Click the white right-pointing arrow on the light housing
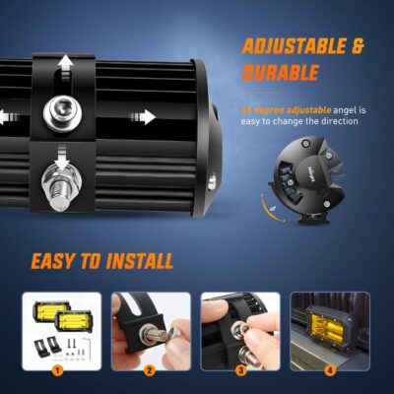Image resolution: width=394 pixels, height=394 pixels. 146,117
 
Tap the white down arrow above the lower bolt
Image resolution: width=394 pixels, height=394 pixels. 62,160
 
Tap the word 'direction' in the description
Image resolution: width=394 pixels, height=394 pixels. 336,122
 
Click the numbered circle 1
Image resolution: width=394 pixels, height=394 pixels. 58,371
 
